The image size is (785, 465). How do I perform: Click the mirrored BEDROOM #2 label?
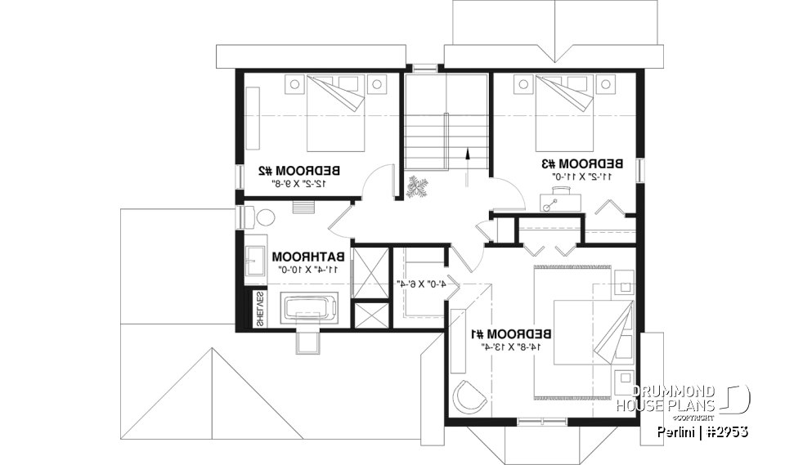(298, 171)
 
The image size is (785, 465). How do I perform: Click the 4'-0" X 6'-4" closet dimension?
(420, 284)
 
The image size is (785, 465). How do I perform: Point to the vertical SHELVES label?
(259, 310)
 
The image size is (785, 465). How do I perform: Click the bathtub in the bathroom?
(309, 310)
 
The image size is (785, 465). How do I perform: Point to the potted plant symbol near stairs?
(419, 188)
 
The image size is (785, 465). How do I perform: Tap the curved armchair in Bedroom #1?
(469, 398)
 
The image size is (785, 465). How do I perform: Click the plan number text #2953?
(725, 431)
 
